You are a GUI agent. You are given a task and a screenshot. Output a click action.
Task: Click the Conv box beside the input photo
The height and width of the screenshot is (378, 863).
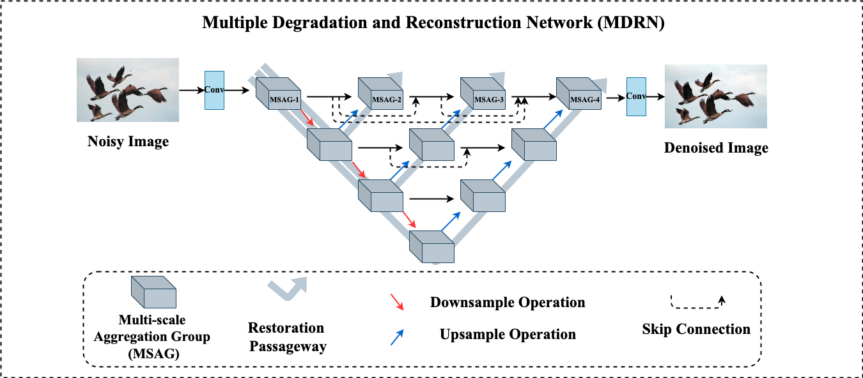214,90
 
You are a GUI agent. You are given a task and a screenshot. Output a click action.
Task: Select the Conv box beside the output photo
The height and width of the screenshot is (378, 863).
636,96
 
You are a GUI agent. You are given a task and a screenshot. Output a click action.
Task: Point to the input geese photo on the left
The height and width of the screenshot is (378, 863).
128,90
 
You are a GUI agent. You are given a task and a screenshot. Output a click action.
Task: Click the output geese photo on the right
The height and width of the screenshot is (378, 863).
716,96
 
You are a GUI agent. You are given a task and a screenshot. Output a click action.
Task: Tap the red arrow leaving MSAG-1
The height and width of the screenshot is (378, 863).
307,118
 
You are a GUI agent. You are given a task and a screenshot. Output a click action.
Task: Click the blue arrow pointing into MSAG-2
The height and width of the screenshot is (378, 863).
348,119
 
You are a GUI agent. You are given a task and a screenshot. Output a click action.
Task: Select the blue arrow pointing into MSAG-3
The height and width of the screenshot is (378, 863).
451,119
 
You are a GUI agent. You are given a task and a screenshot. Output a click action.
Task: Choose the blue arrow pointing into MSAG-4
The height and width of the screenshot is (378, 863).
553,119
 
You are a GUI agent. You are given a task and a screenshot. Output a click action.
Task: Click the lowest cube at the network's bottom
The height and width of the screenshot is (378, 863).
432,247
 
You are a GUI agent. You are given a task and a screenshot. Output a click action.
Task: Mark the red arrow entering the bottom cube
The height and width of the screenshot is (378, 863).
409,220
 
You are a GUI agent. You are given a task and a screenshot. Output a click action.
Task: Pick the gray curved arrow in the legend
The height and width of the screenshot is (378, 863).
288,289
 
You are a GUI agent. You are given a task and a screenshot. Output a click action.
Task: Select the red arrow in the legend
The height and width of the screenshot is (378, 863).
397,302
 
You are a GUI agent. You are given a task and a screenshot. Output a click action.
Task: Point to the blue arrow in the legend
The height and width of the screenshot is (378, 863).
397,337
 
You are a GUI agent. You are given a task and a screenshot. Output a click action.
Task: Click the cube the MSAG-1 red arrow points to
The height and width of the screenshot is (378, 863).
330,145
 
